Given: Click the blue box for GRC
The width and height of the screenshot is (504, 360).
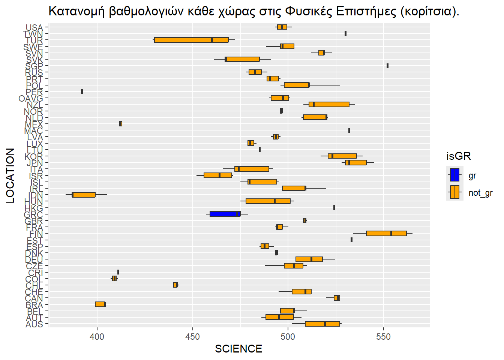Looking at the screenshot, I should coord(225,214).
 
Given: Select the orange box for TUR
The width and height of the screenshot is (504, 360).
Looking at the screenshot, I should coord(191,40).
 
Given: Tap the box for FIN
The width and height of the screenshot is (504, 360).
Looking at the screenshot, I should coord(386,233).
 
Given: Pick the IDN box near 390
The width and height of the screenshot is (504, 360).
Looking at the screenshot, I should coord(84,195).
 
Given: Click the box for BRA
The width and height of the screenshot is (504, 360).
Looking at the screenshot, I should coord(100,304).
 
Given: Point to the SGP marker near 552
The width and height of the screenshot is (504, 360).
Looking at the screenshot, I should coord(387,66).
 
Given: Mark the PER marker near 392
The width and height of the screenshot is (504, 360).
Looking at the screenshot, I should coord(82,91).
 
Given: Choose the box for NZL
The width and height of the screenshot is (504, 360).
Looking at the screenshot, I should coord(329,104).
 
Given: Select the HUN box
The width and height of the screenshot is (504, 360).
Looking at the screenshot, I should coord(268,201).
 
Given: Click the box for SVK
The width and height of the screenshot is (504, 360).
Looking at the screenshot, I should coord(242,59).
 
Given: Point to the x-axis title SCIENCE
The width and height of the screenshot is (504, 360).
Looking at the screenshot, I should coord(238,349).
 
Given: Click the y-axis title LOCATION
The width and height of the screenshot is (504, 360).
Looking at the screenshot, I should coord(10,175).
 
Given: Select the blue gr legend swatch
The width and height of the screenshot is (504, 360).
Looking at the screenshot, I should coord(454,175).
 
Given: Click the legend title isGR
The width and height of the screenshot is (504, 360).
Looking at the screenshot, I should coord(458,156).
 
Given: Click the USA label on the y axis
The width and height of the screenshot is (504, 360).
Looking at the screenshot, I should coord(34,28).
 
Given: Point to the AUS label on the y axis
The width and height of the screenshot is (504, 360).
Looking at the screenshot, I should coord(34,324).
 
